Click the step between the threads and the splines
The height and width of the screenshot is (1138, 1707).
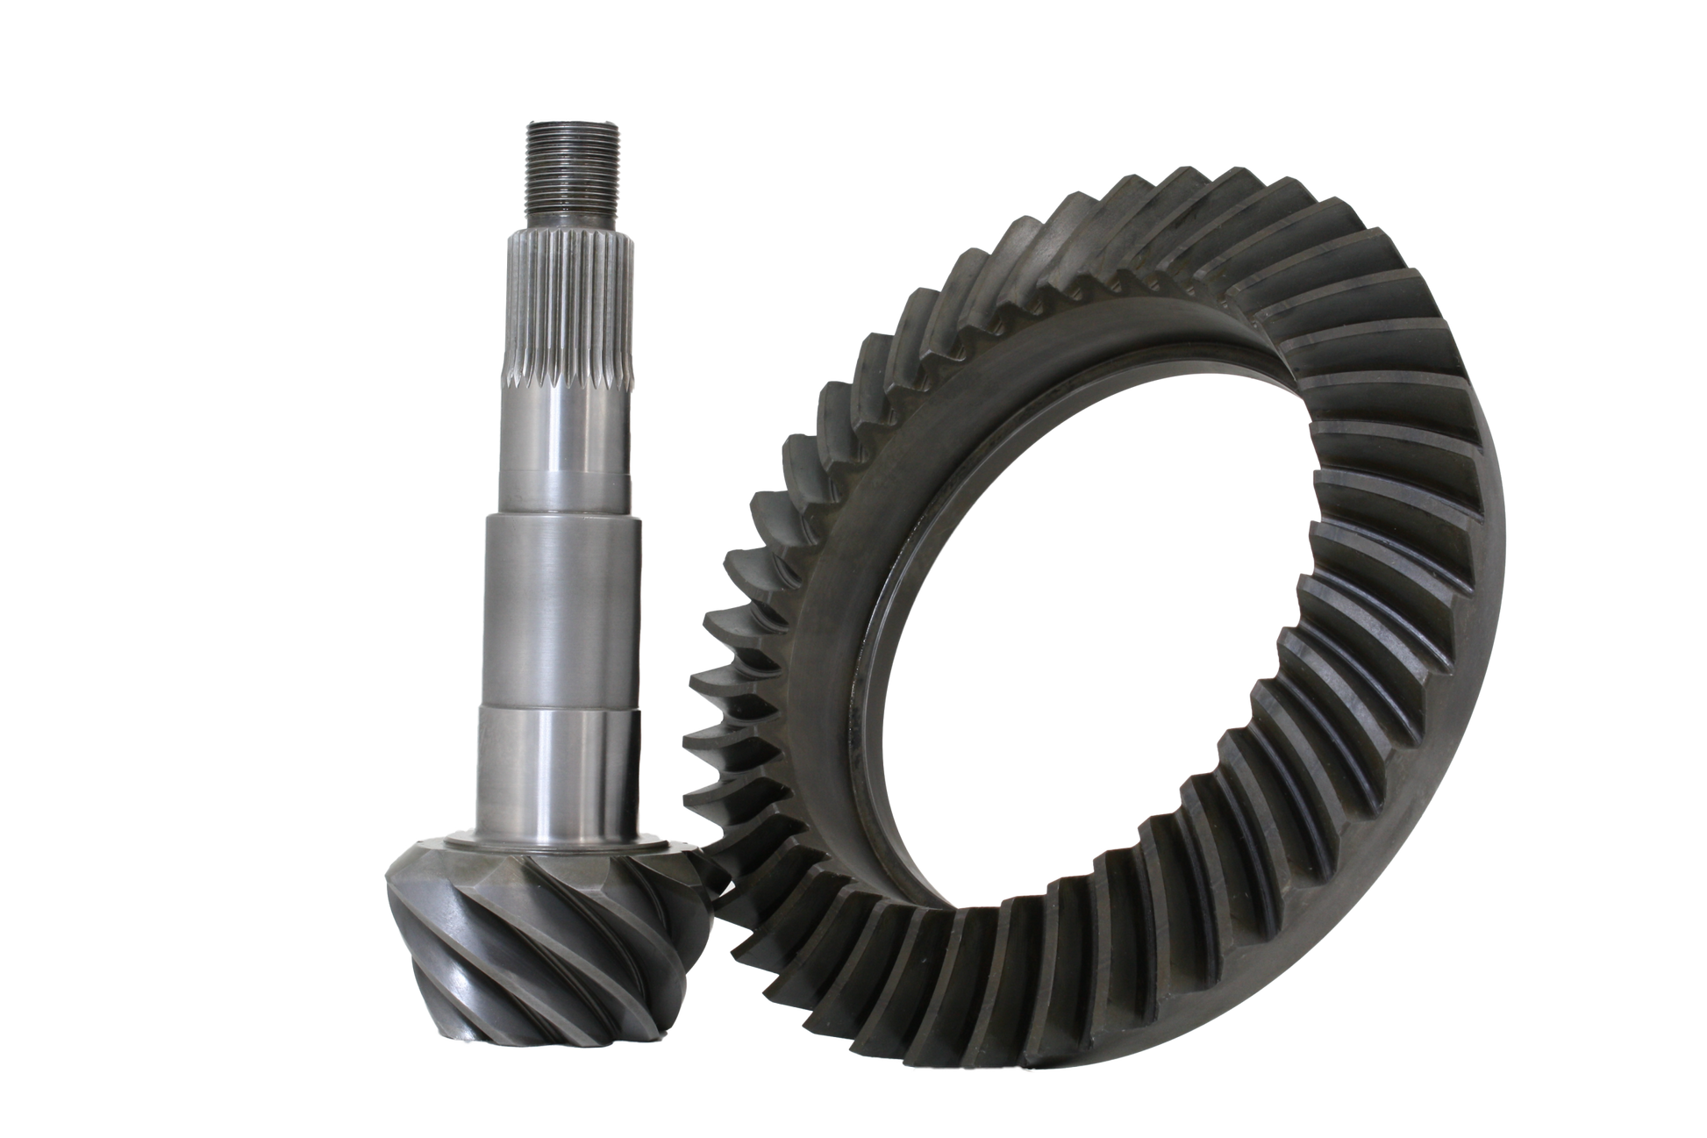coord(574,218)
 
